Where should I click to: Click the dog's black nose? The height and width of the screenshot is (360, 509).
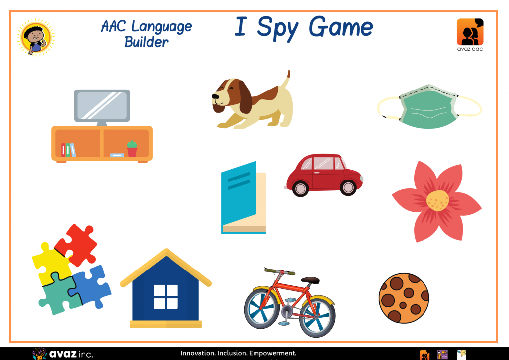215,96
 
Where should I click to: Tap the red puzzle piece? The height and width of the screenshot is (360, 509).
76,245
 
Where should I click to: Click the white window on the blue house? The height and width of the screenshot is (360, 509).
166,297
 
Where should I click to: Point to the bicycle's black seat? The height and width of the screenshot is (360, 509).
310,280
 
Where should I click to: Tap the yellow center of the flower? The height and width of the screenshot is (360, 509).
437,200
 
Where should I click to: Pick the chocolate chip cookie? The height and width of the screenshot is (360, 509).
404,298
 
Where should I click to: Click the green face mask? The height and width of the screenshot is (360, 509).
429,107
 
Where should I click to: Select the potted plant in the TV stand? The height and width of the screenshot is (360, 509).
132,149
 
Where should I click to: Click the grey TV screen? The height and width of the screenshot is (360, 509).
102,106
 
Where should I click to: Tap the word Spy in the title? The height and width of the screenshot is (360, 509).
277,28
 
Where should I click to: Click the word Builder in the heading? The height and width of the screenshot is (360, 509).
147,42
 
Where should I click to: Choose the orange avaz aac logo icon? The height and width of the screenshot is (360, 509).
470,32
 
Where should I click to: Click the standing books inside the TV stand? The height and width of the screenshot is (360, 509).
68,150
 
